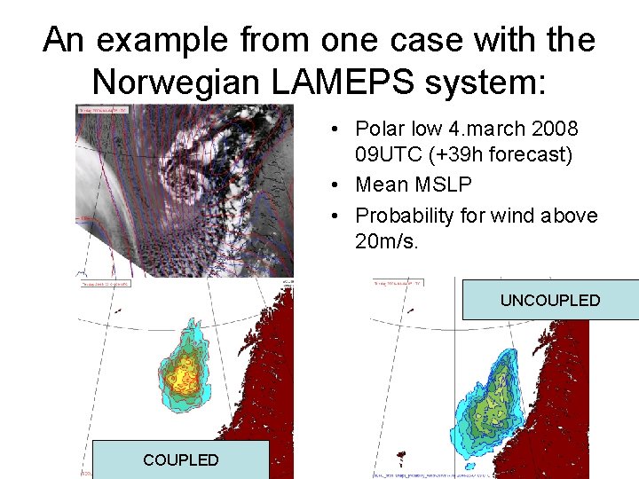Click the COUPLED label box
point(180,459)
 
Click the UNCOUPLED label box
point(550,300)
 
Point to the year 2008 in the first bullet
point(555,130)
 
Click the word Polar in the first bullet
point(380,130)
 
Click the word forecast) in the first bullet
point(530,154)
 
